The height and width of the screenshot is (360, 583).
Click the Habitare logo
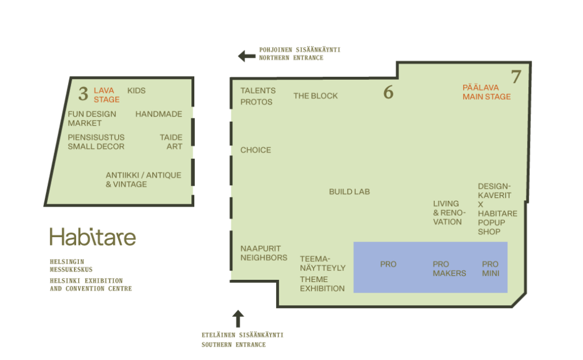pyautogui.click(x=93, y=237)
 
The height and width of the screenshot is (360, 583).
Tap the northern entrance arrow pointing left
pyautogui.click(x=246, y=56)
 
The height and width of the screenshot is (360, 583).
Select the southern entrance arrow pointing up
pyautogui.click(x=238, y=318)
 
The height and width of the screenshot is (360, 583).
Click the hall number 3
pyautogui.click(x=83, y=93)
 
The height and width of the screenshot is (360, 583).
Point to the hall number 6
pyautogui.click(x=388, y=92)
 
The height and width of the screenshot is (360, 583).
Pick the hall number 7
pyautogui.click(x=516, y=77)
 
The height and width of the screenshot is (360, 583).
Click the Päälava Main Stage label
pyautogui.click(x=487, y=92)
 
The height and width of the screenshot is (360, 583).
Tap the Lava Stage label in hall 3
pyautogui.click(x=107, y=95)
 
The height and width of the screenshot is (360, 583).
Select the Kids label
pyautogui.click(x=137, y=91)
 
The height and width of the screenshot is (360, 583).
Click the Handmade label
pyautogui.click(x=159, y=114)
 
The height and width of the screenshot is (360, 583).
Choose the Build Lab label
pyautogui.click(x=349, y=192)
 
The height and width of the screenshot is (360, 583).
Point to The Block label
pyautogui.click(x=315, y=96)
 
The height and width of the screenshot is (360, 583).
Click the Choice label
pyautogui.click(x=256, y=150)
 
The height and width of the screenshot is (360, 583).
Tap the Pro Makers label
pyautogui.click(x=449, y=269)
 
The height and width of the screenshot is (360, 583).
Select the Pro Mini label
pyautogui.click(x=490, y=269)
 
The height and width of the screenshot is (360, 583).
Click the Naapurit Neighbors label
pyautogui.click(x=264, y=253)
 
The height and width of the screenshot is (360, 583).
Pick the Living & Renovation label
pyautogui.click(x=449, y=213)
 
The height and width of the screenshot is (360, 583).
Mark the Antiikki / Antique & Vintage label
pyautogui.click(x=144, y=179)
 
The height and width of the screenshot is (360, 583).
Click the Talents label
pyautogui.click(x=258, y=91)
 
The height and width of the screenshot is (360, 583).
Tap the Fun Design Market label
pyautogui.click(x=92, y=119)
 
